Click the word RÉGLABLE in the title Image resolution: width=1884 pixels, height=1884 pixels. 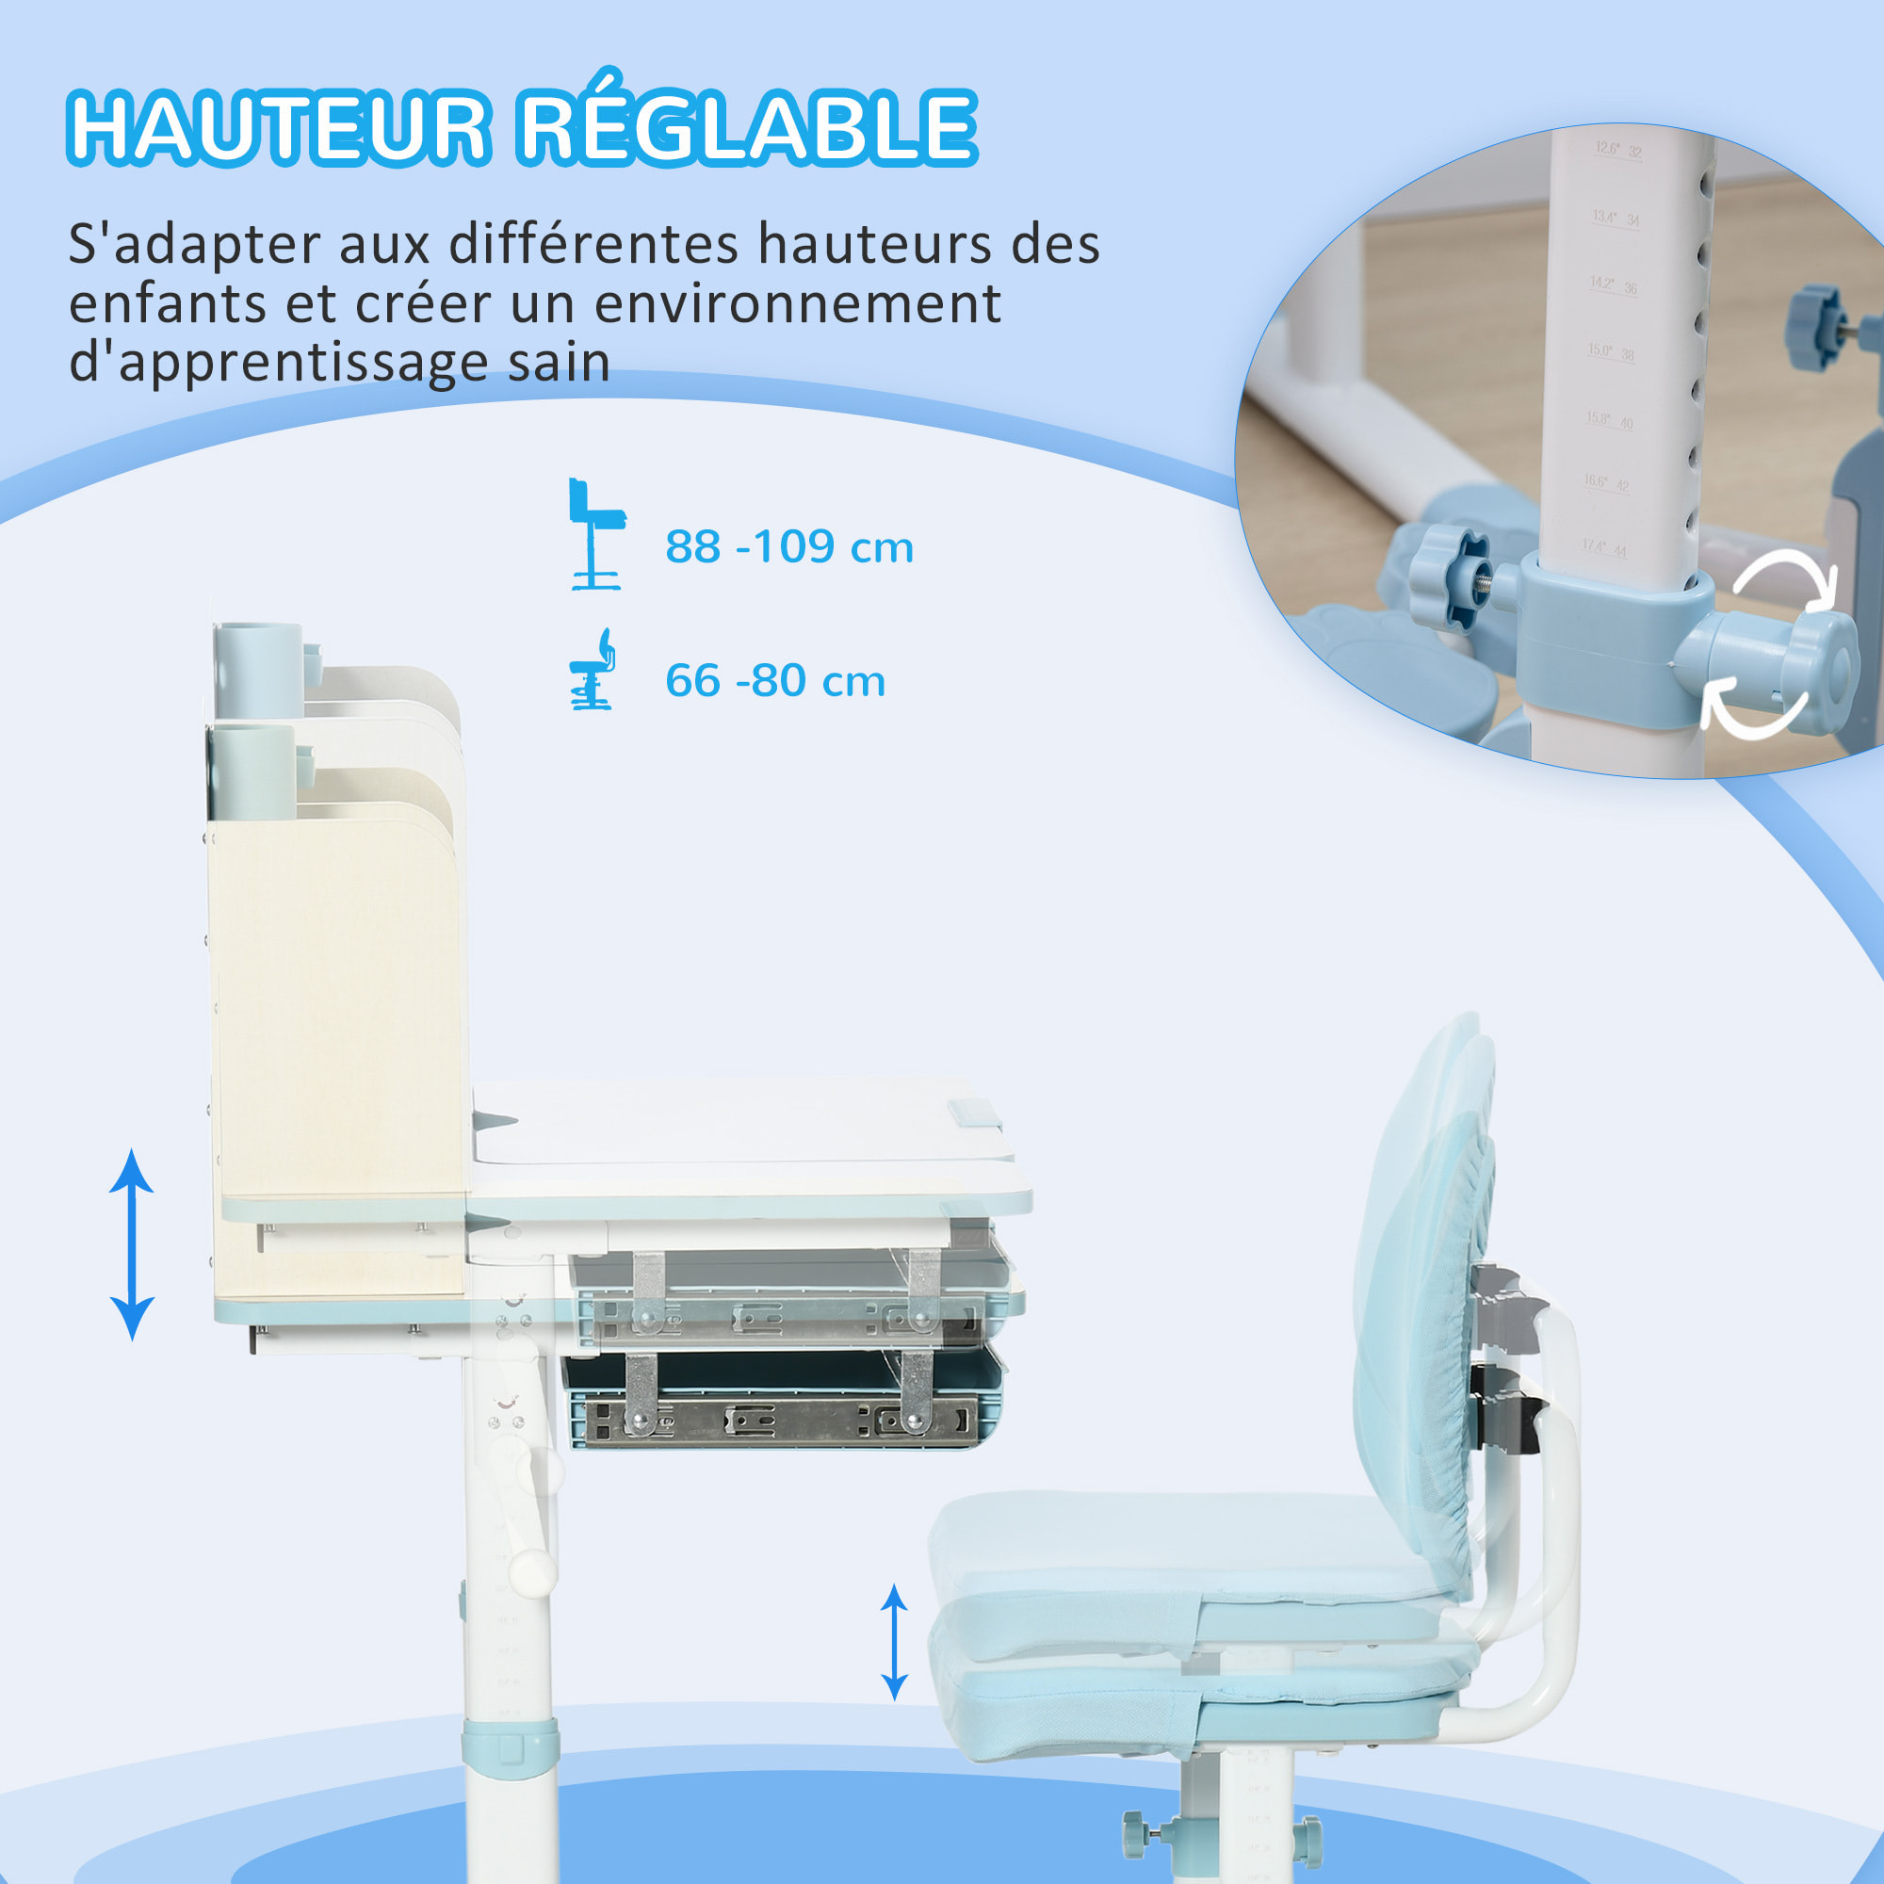pos(746,127)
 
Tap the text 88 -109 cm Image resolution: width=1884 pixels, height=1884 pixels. pos(788,547)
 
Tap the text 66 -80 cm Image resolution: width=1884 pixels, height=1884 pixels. pos(775,681)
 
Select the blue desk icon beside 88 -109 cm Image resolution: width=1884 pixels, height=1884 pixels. pos(596,533)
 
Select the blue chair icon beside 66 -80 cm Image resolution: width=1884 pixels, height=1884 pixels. pos(593,670)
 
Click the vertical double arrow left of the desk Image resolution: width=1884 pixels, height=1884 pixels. pos(132,1244)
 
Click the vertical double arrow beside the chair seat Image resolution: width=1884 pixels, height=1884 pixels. pos(894,1642)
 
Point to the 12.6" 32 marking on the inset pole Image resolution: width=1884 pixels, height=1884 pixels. pos(1618,149)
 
